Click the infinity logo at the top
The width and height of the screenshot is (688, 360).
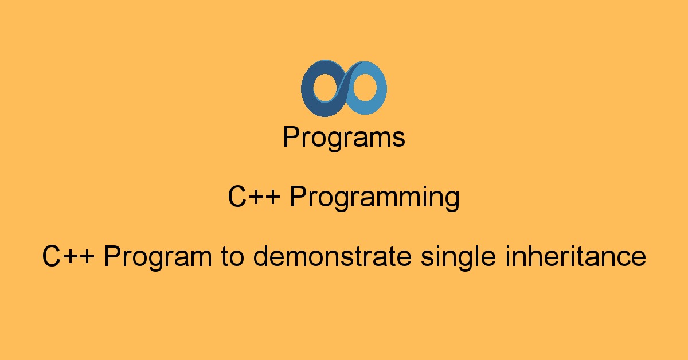click(344, 89)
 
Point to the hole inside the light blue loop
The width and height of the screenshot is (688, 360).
click(365, 89)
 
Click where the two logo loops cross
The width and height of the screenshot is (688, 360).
click(344, 89)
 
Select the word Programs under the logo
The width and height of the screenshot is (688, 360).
click(344, 138)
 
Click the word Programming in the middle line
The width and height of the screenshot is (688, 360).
click(374, 198)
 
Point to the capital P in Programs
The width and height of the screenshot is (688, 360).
click(291, 138)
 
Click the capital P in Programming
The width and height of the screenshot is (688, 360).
click(297, 198)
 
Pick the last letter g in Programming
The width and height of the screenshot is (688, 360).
click(452, 201)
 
